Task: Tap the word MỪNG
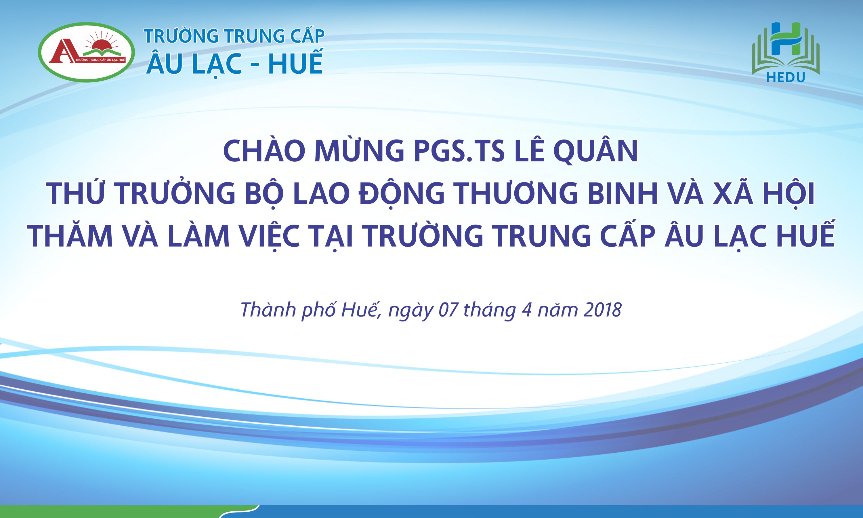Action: (359, 151)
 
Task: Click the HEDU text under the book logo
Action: (786, 77)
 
